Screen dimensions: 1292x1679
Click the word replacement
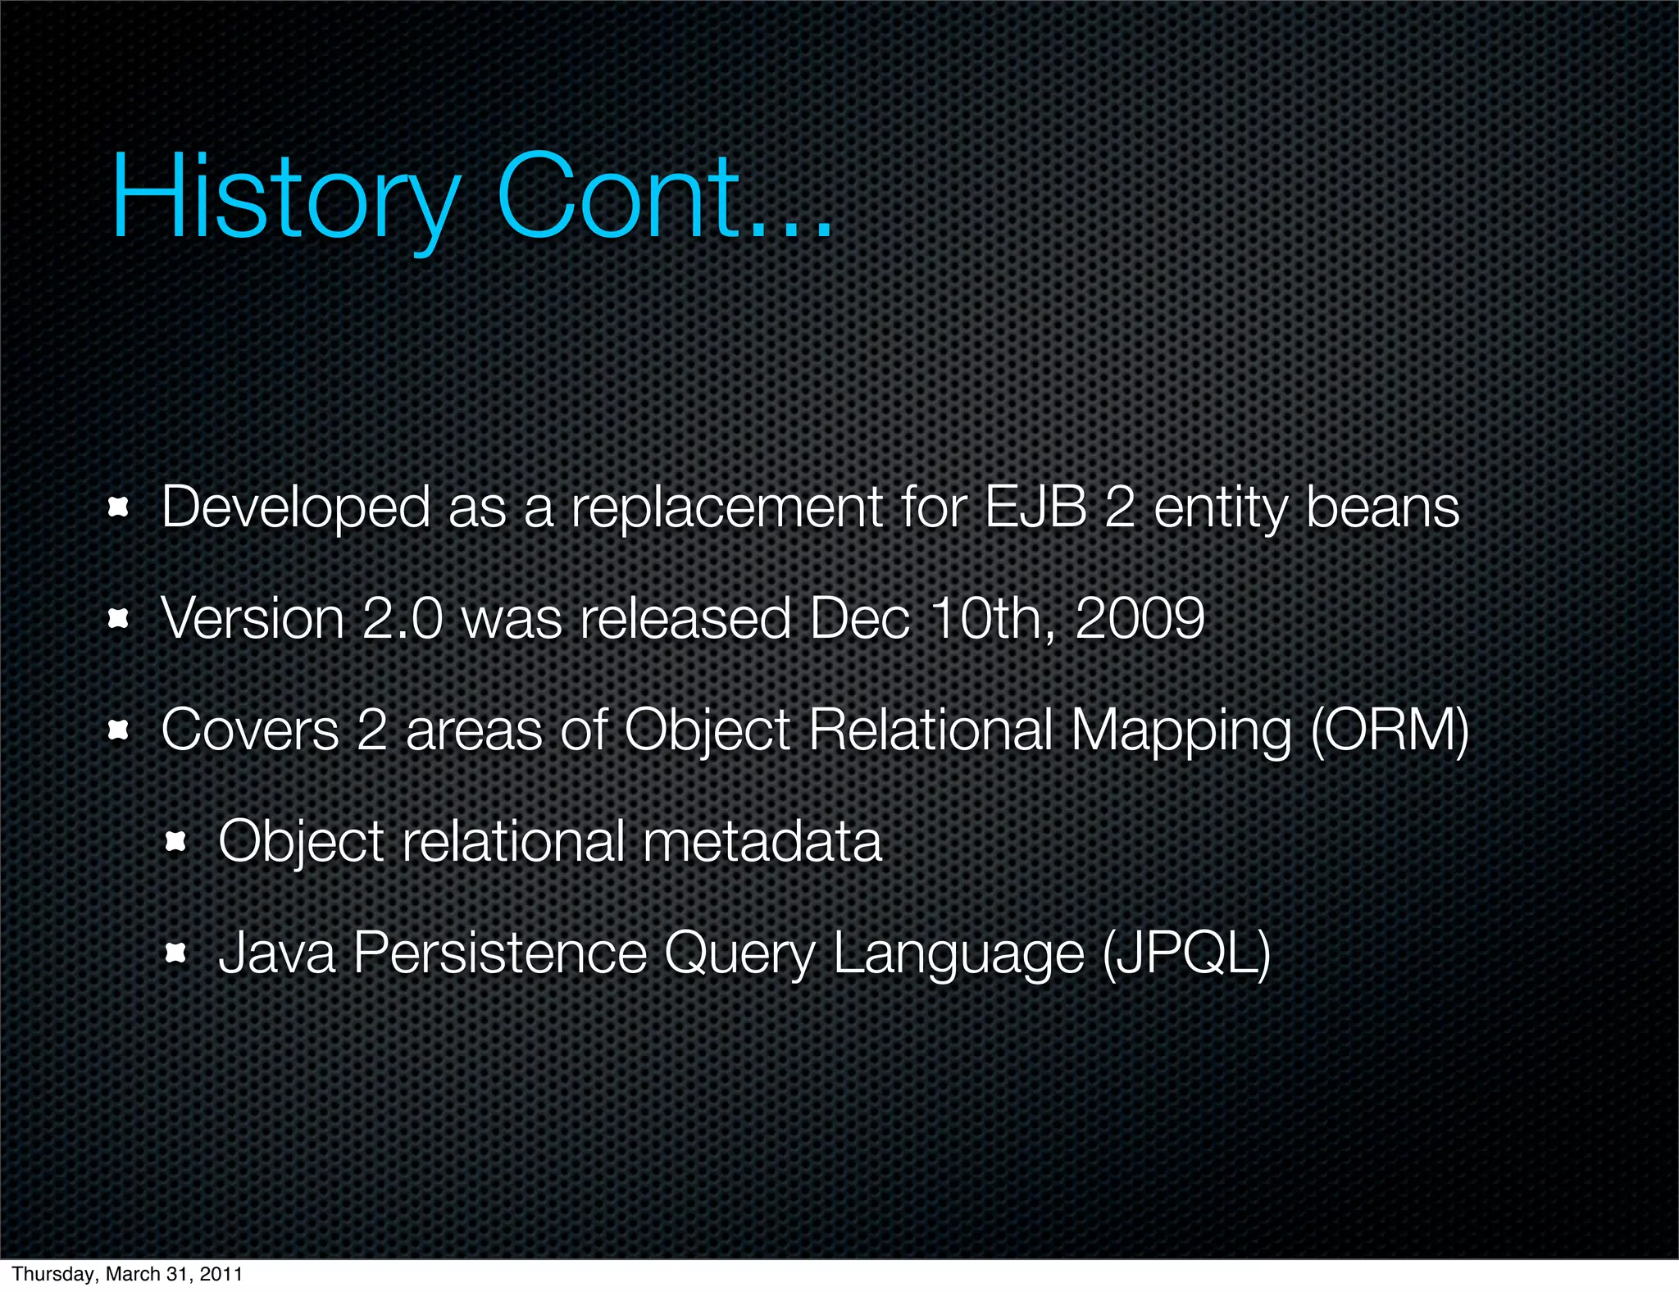(726, 508)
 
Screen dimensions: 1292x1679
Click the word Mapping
(1181, 731)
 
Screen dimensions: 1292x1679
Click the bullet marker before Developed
(119, 508)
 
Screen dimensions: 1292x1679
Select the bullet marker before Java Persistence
(176, 953)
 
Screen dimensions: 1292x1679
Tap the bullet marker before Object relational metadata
(176, 842)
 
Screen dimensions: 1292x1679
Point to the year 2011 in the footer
(221, 1273)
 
